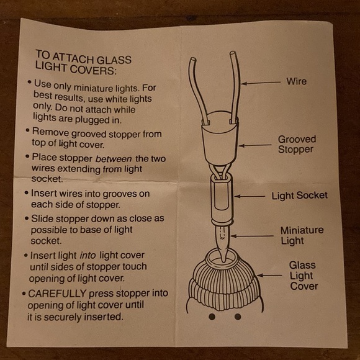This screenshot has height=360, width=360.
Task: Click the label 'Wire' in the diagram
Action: point(296,81)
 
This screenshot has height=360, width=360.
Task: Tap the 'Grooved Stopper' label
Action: point(297,144)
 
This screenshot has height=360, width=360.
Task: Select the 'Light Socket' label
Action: point(299,196)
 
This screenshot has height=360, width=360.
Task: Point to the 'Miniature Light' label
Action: point(302,235)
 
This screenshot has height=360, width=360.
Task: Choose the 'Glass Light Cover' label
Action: point(304,276)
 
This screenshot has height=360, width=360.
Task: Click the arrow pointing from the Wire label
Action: point(261,83)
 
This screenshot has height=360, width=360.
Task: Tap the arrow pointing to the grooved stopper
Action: point(255,145)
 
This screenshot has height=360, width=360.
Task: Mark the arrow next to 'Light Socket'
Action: point(250,196)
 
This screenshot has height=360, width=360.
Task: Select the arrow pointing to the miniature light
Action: point(252,236)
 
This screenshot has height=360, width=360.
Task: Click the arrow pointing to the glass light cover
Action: point(269,275)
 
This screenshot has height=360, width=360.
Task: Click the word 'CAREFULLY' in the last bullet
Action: point(57,294)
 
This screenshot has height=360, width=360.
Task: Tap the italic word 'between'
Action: point(114,159)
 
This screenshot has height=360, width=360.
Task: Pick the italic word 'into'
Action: point(88,255)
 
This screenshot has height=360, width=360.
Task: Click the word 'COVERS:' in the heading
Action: point(93,70)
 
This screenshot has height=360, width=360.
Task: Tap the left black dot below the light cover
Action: point(212,317)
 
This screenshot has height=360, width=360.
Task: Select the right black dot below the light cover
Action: point(238,317)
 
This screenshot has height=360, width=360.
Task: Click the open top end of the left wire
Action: point(192,60)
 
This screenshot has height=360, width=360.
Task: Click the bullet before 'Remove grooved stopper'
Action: point(27,130)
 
